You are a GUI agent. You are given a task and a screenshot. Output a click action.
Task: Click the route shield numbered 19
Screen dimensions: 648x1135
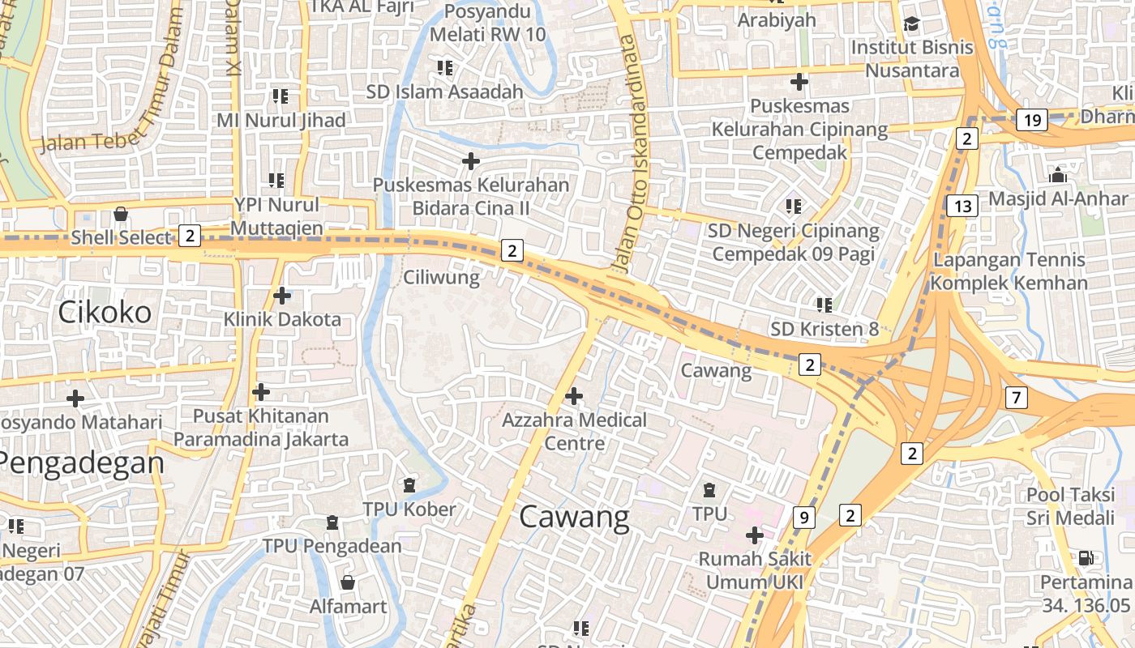click(x=1032, y=121)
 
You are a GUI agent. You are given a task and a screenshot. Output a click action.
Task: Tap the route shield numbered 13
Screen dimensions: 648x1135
click(x=962, y=206)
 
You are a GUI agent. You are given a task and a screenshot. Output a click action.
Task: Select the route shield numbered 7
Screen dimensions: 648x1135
click(x=1017, y=398)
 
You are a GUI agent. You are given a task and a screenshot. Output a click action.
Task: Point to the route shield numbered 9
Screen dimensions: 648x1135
click(x=803, y=517)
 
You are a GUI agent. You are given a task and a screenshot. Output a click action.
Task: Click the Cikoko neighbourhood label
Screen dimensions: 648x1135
click(x=105, y=312)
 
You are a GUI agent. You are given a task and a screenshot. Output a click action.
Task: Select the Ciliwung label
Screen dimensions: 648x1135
click(x=442, y=278)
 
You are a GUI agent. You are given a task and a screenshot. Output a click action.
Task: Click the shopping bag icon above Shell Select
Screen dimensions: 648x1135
click(x=121, y=214)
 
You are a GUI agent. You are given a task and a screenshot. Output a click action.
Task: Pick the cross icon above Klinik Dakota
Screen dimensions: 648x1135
click(x=281, y=296)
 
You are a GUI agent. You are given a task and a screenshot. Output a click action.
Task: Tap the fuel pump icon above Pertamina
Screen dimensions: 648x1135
click(x=1086, y=557)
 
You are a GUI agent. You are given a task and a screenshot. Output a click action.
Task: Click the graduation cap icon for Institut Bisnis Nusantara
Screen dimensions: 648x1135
click(x=912, y=24)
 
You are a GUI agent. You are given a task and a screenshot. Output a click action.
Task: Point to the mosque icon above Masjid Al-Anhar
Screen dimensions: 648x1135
click(x=1057, y=175)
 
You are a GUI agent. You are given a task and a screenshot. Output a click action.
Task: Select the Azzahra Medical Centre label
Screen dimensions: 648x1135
click(x=574, y=431)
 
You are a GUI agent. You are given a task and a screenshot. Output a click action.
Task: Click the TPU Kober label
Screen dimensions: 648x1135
click(x=409, y=509)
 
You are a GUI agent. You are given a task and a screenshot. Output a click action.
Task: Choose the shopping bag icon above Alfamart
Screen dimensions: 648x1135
click(x=348, y=582)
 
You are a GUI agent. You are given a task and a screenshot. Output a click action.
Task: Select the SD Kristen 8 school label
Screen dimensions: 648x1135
click(x=824, y=329)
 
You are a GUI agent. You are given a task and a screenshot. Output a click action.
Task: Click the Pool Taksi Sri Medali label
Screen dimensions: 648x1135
click(x=1071, y=505)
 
